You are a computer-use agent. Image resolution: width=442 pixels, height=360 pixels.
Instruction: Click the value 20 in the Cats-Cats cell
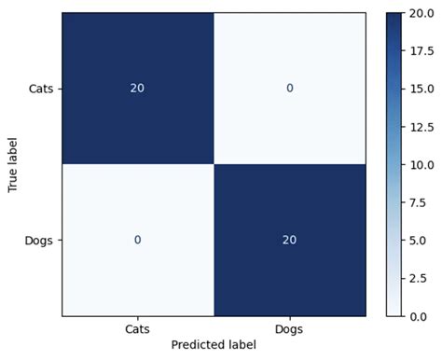137,89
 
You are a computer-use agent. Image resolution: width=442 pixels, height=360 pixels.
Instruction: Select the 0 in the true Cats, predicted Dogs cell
290,89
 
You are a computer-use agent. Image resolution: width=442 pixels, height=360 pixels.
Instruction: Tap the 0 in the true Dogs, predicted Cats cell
137,240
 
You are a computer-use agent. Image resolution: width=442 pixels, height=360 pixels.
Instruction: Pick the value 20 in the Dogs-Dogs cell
290,240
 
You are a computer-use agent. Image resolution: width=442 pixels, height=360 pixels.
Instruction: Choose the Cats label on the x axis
138,329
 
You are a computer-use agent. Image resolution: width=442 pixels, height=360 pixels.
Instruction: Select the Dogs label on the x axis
290,329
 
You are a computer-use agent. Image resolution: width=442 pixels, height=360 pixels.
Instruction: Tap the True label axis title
12,164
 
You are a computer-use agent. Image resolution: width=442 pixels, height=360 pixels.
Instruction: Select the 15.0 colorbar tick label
418,89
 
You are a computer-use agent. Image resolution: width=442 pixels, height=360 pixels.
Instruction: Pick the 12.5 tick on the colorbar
418,127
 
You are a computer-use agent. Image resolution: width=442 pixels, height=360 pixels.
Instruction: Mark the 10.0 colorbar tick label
418,164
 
